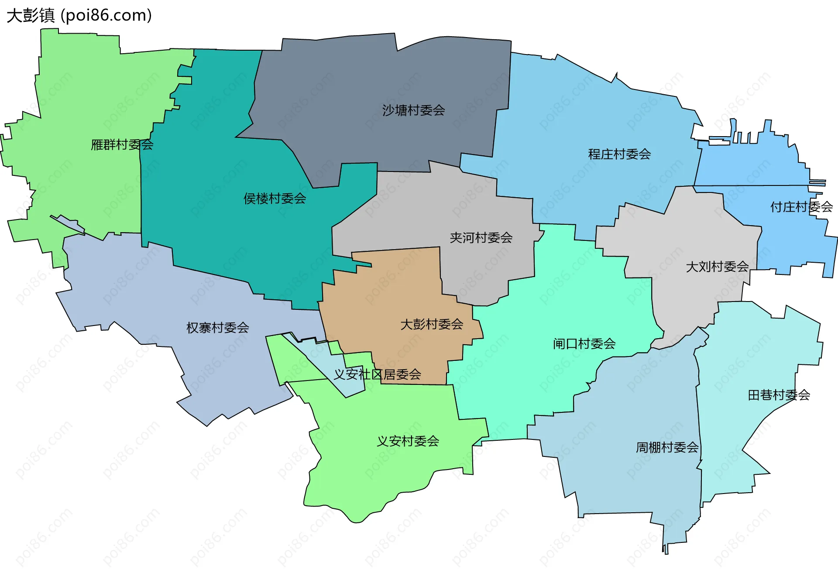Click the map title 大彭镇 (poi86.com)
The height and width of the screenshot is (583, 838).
point(79,15)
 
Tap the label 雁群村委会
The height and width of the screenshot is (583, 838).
point(122,144)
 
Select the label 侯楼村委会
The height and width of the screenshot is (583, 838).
point(275,199)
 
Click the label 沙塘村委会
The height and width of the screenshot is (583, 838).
point(413,110)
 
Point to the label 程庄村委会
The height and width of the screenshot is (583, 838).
point(619,154)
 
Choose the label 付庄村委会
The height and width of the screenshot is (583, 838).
point(801,207)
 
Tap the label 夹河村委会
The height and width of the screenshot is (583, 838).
point(481,238)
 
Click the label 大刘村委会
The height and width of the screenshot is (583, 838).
point(717,267)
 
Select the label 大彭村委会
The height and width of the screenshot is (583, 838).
point(432,324)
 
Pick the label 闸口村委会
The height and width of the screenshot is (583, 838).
point(584,344)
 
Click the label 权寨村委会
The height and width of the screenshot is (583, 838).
point(217,328)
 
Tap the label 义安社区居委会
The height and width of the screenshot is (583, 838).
point(377,374)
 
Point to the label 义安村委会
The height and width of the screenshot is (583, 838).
point(408,441)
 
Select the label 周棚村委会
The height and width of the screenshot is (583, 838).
point(667,447)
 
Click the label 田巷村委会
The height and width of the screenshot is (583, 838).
point(779,395)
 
